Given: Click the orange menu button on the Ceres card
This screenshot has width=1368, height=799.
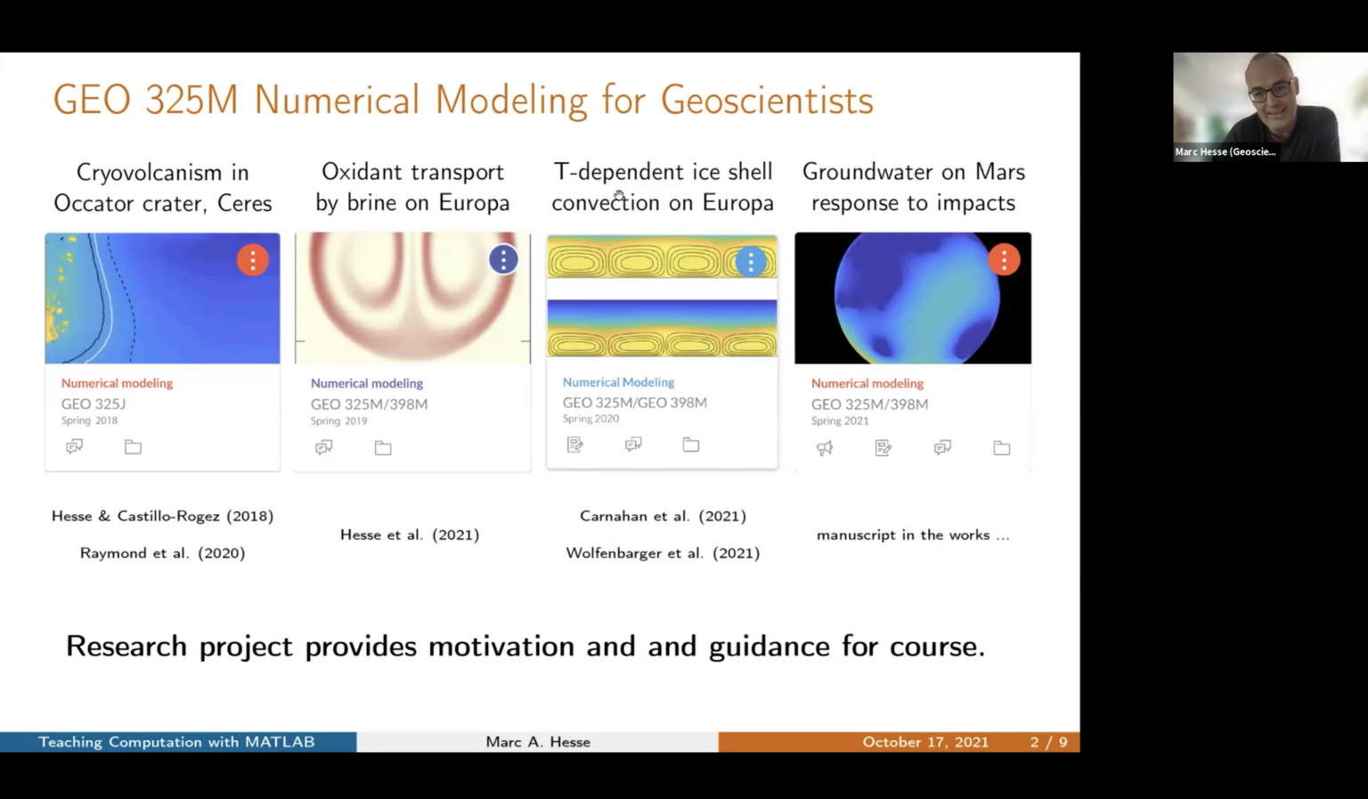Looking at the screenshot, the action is (x=253, y=260).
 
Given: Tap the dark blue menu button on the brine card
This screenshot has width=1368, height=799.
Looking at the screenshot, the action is (x=503, y=259).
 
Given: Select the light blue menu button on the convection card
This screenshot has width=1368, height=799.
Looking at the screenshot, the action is (x=751, y=262).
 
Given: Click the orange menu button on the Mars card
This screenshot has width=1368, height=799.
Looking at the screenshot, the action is (x=1004, y=260).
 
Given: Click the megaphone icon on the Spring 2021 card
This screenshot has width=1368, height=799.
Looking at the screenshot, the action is (x=825, y=448).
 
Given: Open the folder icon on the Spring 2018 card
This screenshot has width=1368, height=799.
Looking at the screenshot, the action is (x=133, y=447).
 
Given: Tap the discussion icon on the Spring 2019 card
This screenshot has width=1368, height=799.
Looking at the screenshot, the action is (x=324, y=448).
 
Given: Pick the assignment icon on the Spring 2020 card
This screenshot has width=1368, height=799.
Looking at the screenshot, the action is (x=575, y=444).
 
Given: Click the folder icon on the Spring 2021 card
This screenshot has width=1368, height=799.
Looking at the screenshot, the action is (x=1002, y=448).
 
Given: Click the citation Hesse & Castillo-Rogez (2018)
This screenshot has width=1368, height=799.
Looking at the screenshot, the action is (x=162, y=516).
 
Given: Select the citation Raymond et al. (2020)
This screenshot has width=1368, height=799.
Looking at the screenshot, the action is (x=162, y=553).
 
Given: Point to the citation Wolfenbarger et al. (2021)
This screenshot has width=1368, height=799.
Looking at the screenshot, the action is (x=663, y=553).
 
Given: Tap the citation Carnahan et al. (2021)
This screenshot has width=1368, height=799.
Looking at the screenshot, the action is (x=663, y=516).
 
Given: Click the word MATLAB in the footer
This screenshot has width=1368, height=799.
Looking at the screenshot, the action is (x=280, y=742).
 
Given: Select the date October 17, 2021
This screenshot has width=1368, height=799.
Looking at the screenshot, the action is (x=925, y=742).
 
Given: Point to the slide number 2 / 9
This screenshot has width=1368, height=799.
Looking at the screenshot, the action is (x=1048, y=742).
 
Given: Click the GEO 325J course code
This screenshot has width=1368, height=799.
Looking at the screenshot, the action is (x=94, y=404).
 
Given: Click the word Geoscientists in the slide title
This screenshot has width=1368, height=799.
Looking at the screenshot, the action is (x=767, y=100).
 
